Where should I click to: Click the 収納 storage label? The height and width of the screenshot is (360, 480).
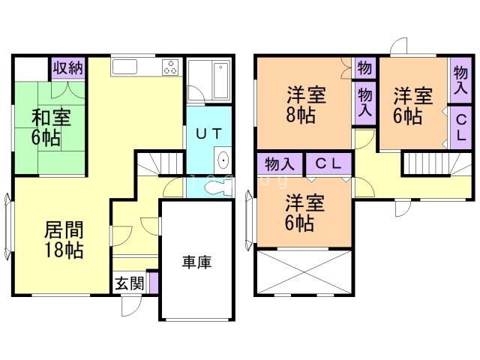pos(67,68)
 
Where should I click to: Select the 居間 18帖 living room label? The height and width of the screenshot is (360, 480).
pos(63,239)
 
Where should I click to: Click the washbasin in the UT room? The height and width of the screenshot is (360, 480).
pos(223,160)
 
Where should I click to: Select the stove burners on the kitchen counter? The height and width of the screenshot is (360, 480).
pos(169,67)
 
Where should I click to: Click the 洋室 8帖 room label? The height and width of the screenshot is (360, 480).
pos(304,105)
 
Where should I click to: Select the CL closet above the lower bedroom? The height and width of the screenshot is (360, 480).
pos(328,163)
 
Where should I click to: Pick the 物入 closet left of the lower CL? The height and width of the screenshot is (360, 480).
pos(279,163)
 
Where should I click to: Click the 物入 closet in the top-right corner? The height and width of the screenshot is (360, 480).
pos(460,79)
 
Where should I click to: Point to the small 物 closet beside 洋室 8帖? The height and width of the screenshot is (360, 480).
pos(364,67)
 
